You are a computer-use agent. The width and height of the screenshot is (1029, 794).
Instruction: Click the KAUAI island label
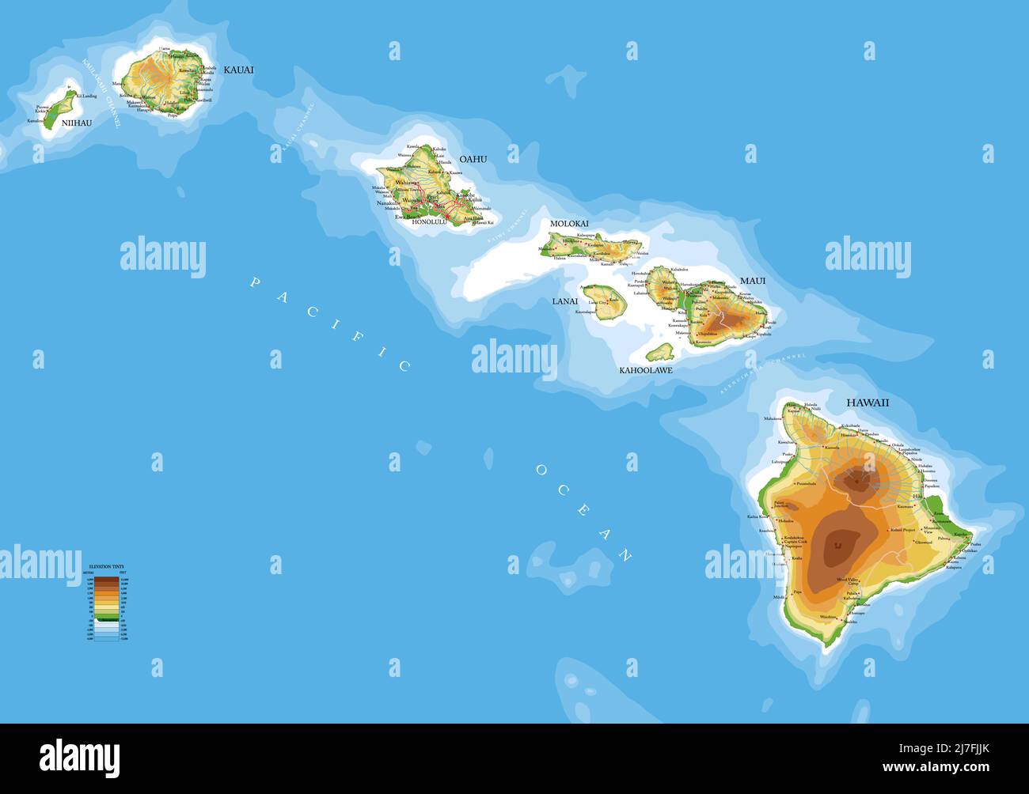[238, 70]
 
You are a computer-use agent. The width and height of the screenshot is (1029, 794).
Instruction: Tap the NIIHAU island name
[76, 123]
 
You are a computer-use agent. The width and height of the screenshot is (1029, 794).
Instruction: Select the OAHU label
[473, 159]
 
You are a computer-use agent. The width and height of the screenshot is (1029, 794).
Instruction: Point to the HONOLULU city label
[430, 222]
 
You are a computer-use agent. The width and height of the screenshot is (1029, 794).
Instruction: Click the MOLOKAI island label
[569, 224]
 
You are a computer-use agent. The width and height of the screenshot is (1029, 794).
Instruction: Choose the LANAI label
[565, 301]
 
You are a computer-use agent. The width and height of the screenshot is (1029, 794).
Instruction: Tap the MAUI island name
[753, 281]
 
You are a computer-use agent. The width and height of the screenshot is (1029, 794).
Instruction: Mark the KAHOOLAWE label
[645, 369]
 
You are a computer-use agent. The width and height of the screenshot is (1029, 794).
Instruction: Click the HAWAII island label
[868, 403]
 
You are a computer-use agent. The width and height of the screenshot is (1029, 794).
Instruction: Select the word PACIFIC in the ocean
[329, 323]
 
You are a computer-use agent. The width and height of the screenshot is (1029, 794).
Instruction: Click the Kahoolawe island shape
[660, 351]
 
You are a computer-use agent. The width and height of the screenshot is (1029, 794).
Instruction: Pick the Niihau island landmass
[59, 109]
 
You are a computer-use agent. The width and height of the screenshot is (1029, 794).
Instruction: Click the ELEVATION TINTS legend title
[105, 567]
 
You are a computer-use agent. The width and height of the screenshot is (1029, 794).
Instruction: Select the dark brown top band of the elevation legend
[106, 580]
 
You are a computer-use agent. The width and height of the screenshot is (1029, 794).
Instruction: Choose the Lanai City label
[596, 302]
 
